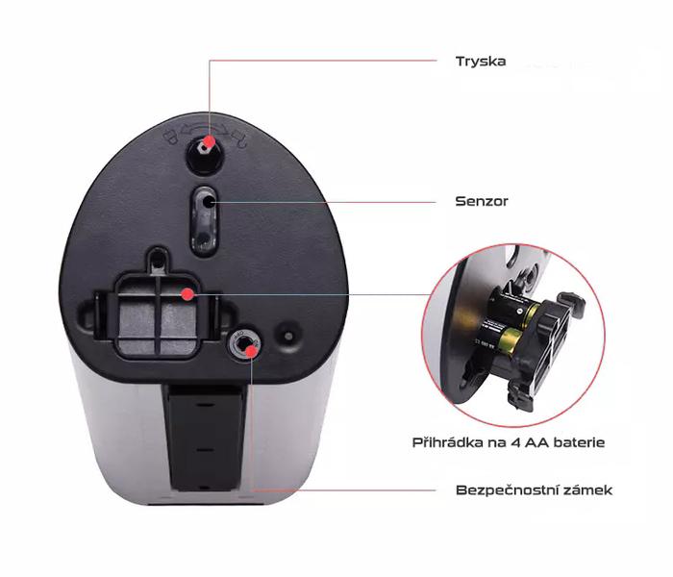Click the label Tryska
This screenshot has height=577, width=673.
tap(481, 62)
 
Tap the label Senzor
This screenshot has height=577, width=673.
tap(481, 201)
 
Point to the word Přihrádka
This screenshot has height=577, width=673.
tap(448, 442)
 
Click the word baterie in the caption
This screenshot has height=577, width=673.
tap(579, 442)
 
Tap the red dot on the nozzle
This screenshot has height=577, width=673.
tap(209, 141)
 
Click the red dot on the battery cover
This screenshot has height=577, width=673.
tap(187, 294)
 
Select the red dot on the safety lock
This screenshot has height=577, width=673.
tap(251, 352)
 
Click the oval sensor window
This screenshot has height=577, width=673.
tap(204, 221)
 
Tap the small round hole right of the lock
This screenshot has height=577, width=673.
tap(288, 336)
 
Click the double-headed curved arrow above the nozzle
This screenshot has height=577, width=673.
tap(204, 128)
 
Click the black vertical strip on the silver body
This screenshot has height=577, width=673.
tap(204, 437)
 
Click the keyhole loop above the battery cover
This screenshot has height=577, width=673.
tap(159, 261)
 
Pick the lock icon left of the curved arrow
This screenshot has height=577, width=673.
tap(171, 137)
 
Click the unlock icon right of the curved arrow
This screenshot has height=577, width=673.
tap(239, 138)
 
